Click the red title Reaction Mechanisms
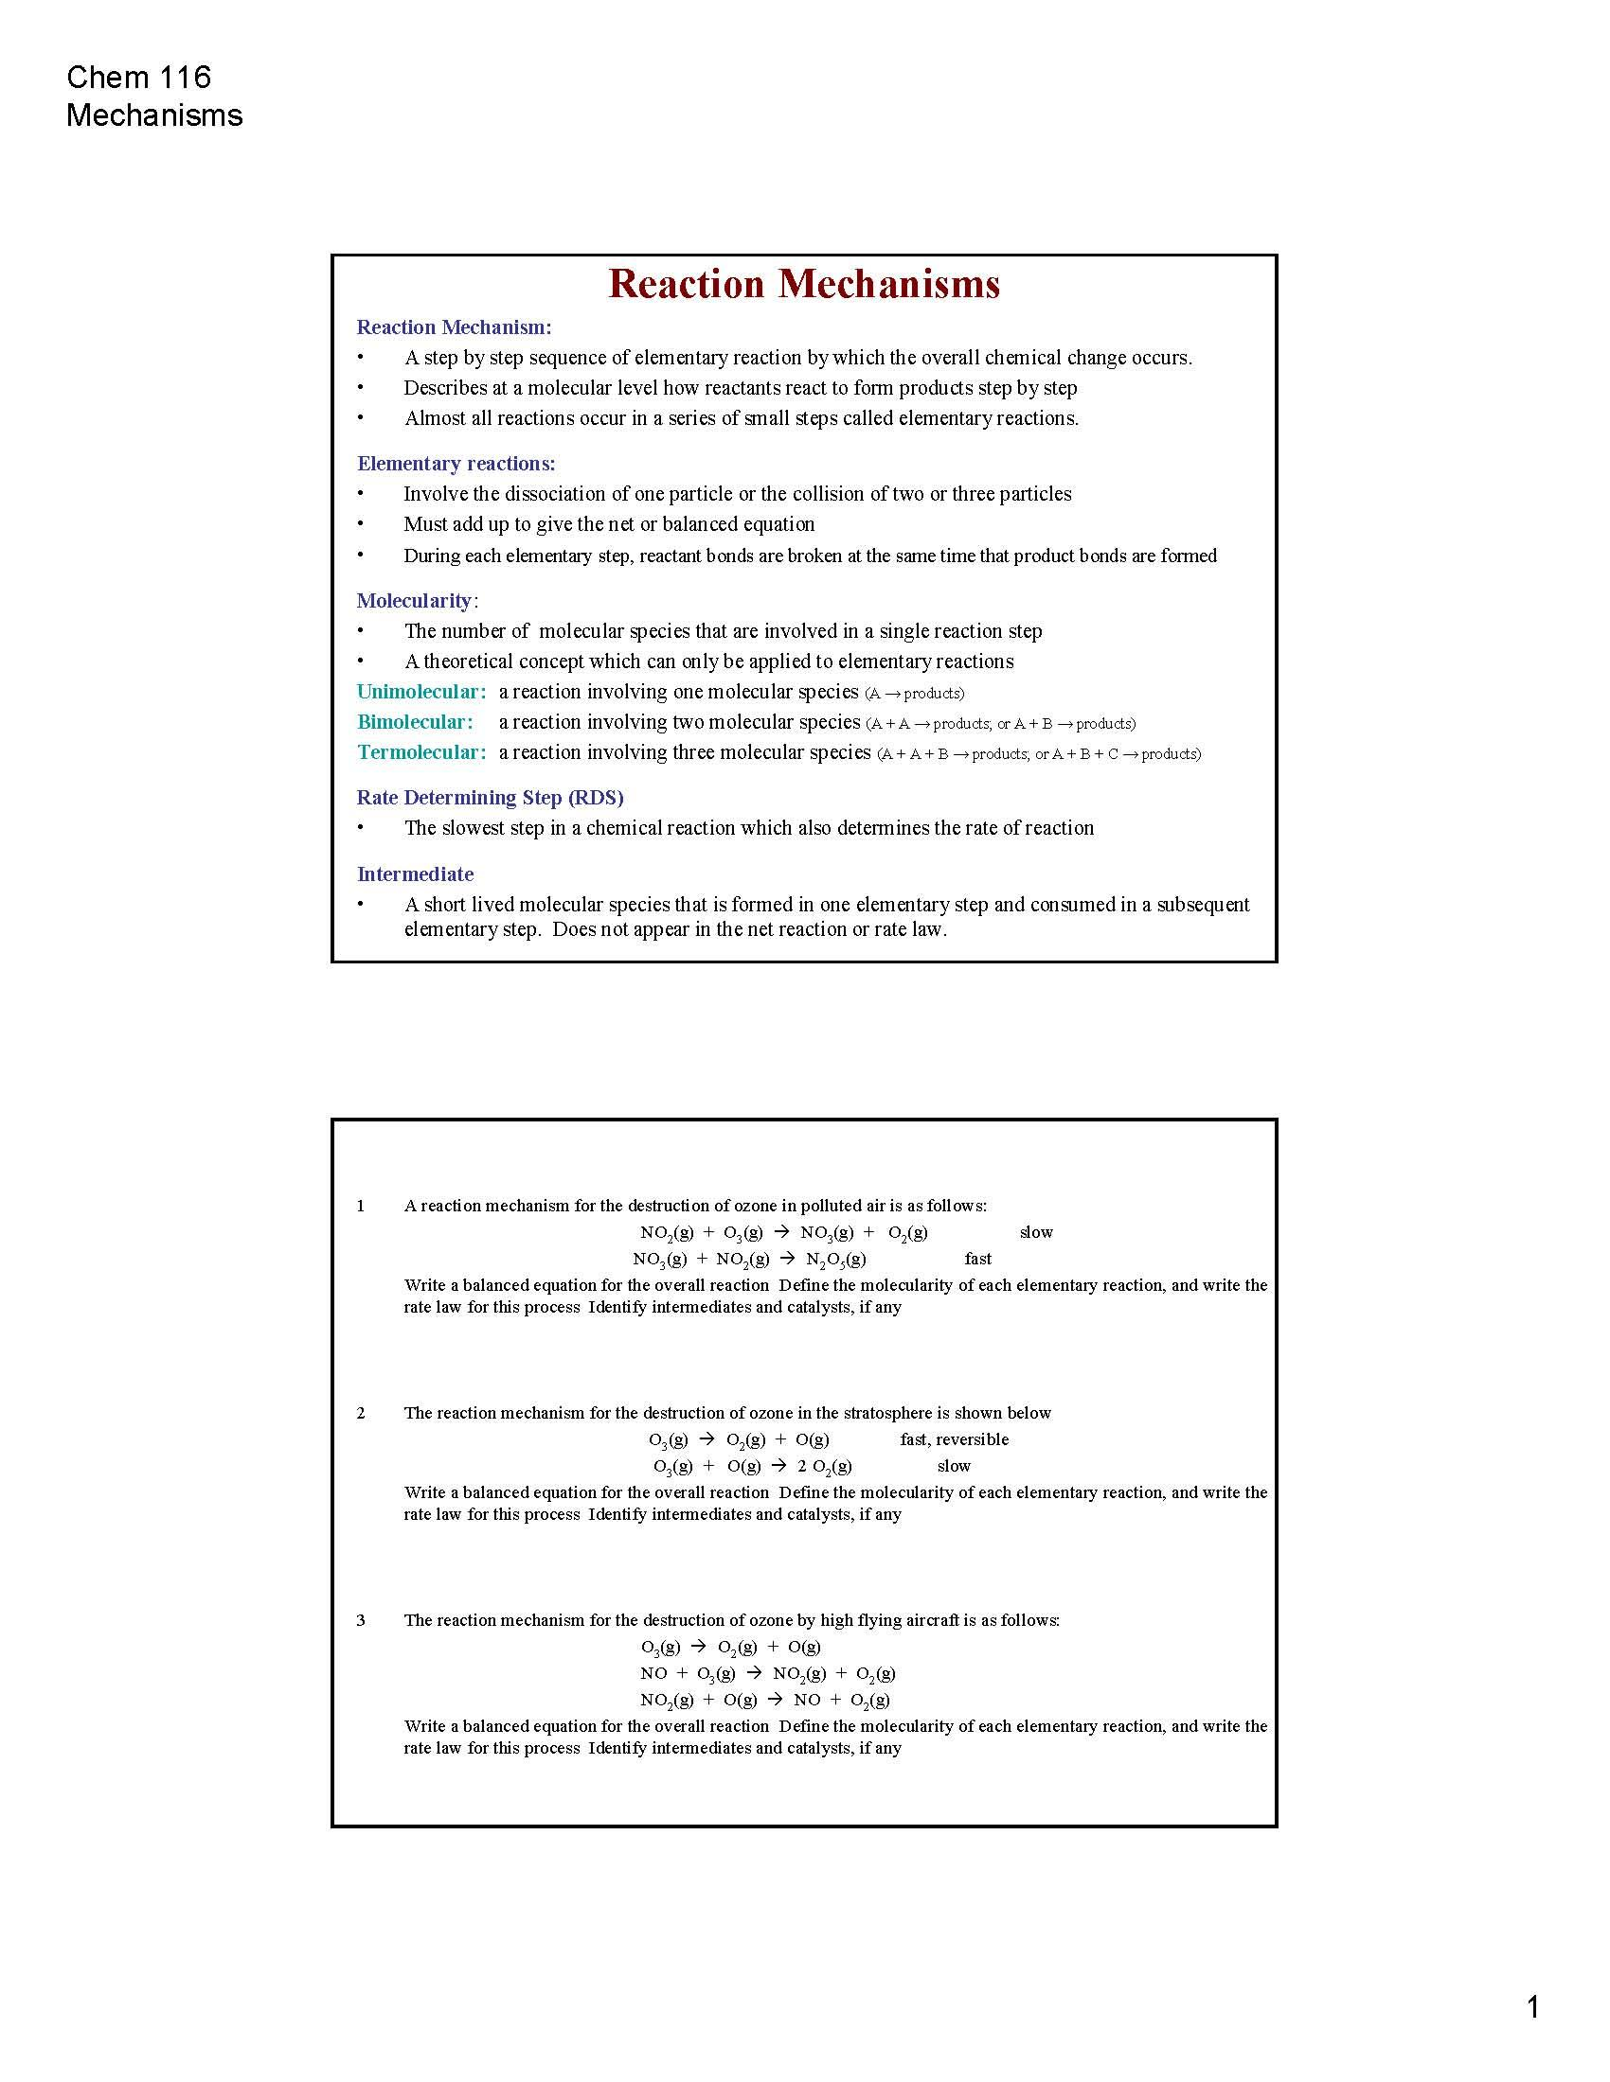tap(804, 284)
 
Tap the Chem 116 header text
tap(139, 78)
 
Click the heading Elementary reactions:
tap(456, 464)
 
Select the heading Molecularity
tap(414, 601)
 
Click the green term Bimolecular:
tap(415, 722)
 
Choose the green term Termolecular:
tap(421, 752)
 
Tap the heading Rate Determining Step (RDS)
tap(490, 797)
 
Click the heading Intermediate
tap(415, 874)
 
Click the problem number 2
tap(361, 1413)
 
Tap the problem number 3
tap(361, 1619)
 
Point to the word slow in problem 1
tap(1036, 1231)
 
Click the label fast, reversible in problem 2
tap(954, 1439)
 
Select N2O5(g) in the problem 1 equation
tap(835, 1260)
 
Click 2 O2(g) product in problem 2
tap(824, 1466)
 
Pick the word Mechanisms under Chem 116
tap(154, 115)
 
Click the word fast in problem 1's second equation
tap(977, 1259)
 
